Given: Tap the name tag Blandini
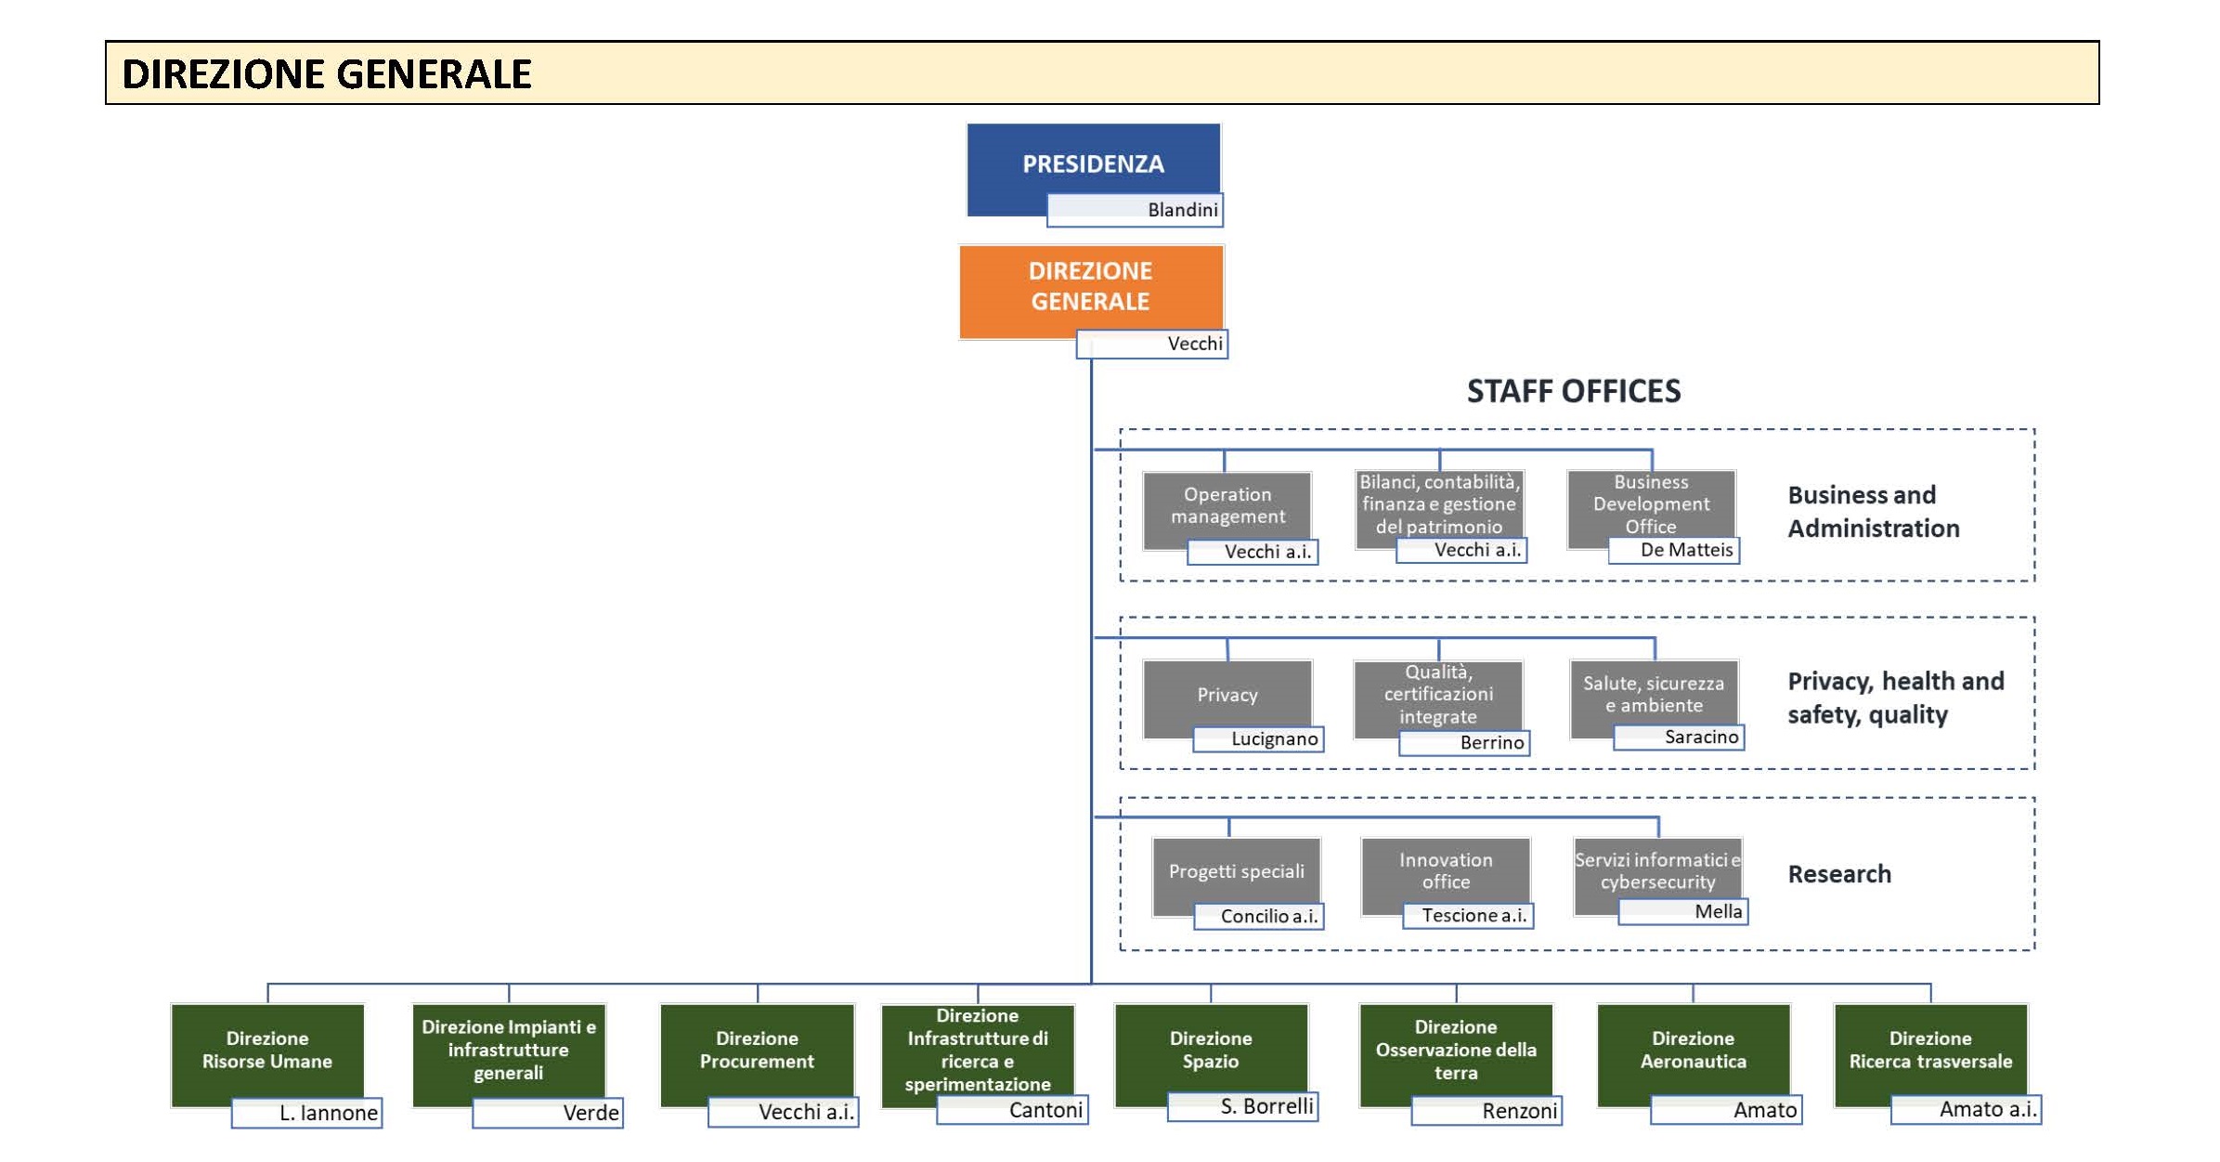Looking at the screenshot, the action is [x=1135, y=210].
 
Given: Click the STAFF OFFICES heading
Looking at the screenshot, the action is [x=1574, y=391].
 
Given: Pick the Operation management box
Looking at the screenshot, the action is [x=1227, y=510].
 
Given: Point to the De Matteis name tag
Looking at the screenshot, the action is [x=1674, y=550].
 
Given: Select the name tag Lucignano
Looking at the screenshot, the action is [x=1258, y=738].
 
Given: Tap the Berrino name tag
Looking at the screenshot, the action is [x=1464, y=743].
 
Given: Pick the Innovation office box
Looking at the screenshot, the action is [x=1446, y=876].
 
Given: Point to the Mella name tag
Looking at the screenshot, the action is [x=1683, y=911].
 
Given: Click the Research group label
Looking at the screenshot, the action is [x=1839, y=874].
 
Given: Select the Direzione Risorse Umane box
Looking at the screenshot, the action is [x=267, y=1055].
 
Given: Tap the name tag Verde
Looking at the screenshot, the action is [x=548, y=1113].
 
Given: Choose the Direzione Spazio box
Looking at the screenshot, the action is [x=1211, y=1055].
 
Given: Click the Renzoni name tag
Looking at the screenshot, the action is [x=1486, y=1110].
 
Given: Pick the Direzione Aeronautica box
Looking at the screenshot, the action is [x=1694, y=1055].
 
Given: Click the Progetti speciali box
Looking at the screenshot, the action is [x=1237, y=876].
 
